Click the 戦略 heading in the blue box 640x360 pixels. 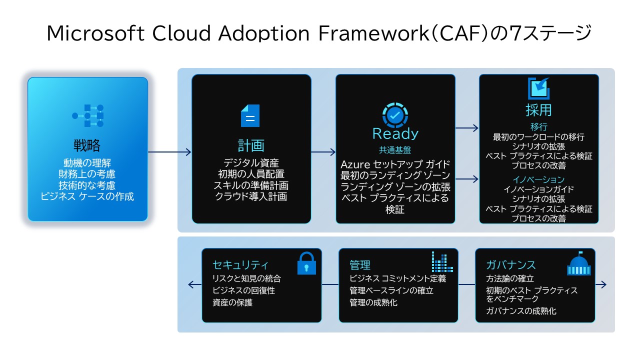tap(87, 145)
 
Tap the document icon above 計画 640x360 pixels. tap(250, 115)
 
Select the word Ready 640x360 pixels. tap(395, 133)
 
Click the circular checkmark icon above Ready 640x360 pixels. tap(395, 115)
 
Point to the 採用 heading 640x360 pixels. tap(538, 109)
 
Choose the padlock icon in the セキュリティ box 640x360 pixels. tap(306, 263)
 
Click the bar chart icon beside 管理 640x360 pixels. tap(442, 262)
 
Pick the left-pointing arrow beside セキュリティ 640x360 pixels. tap(194, 284)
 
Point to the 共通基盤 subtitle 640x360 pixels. tap(395, 149)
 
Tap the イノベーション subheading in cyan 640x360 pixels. tap(538, 179)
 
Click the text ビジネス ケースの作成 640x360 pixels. tap(87, 196)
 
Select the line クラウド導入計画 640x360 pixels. tap(251, 196)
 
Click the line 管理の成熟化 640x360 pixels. tap(373, 302)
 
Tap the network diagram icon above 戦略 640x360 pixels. tap(87, 115)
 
